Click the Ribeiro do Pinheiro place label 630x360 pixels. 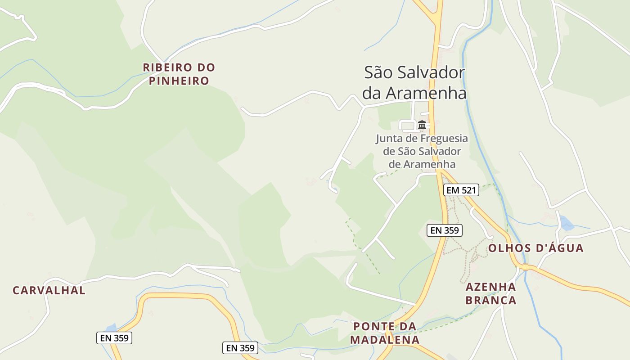(179, 74)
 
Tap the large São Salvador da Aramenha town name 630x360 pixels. (414, 83)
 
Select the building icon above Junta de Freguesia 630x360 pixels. (422, 125)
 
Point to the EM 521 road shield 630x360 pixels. (461, 190)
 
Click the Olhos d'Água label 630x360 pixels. (535, 248)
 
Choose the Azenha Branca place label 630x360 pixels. (490, 293)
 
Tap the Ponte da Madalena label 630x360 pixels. (385, 333)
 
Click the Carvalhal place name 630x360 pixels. (49, 291)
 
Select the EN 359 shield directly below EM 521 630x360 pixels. (445, 230)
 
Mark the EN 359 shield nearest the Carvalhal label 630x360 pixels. (114, 338)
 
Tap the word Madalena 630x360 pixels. (385, 339)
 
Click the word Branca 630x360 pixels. (490, 300)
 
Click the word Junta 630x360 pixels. (389, 139)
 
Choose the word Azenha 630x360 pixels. (490, 287)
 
